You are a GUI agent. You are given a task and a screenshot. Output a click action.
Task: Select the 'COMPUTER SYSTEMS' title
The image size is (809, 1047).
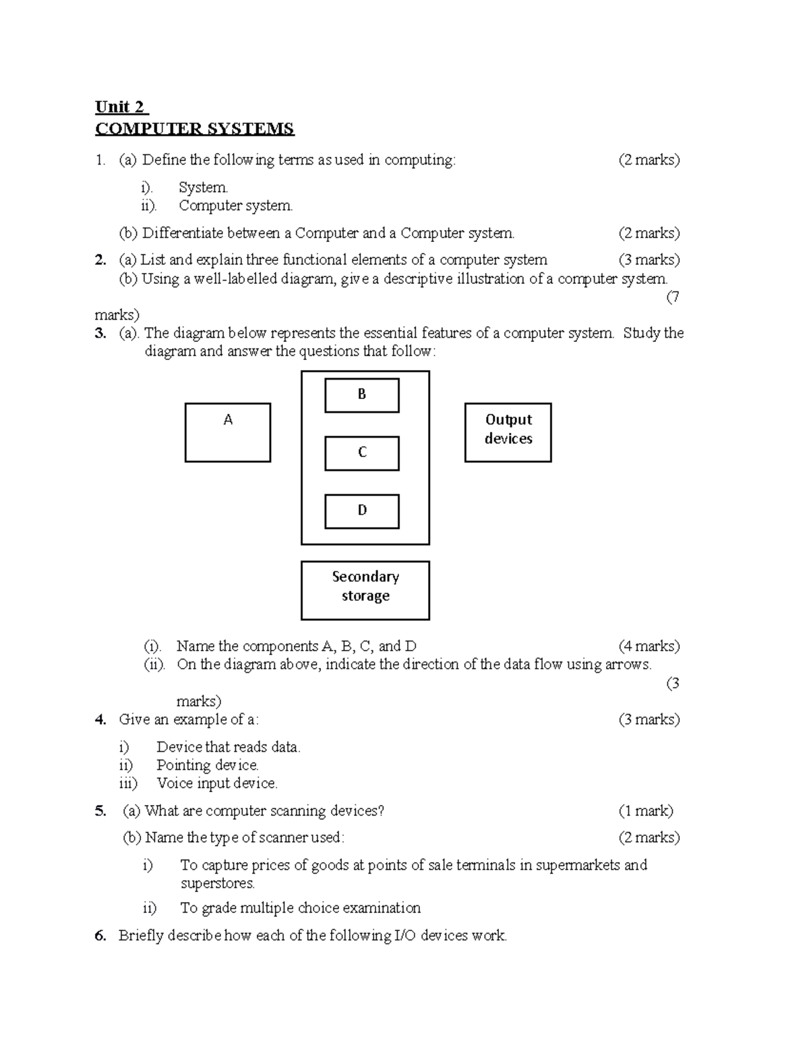coord(194,129)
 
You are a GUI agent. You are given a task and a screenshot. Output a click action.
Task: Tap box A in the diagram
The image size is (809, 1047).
coord(228,432)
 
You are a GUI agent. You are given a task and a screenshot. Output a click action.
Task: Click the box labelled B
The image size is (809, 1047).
coord(362,395)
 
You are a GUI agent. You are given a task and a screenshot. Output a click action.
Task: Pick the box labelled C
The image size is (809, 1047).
coord(362,453)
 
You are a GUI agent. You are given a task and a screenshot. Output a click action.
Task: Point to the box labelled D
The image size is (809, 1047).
coord(362,511)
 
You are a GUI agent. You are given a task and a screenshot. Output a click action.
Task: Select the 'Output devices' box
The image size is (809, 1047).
coord(508,432)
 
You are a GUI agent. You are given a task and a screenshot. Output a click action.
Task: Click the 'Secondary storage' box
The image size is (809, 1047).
coord(365,590)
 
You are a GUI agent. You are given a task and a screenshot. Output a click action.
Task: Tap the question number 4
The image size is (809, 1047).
coord(100,720)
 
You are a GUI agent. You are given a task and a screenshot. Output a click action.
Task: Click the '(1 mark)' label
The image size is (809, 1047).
coord(646,811)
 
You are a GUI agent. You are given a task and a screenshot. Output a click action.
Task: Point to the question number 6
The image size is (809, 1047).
coord(100,936)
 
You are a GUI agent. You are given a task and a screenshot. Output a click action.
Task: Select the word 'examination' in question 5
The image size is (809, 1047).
coord(382,908)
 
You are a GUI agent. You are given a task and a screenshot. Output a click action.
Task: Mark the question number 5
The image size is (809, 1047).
coord(100,811)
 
